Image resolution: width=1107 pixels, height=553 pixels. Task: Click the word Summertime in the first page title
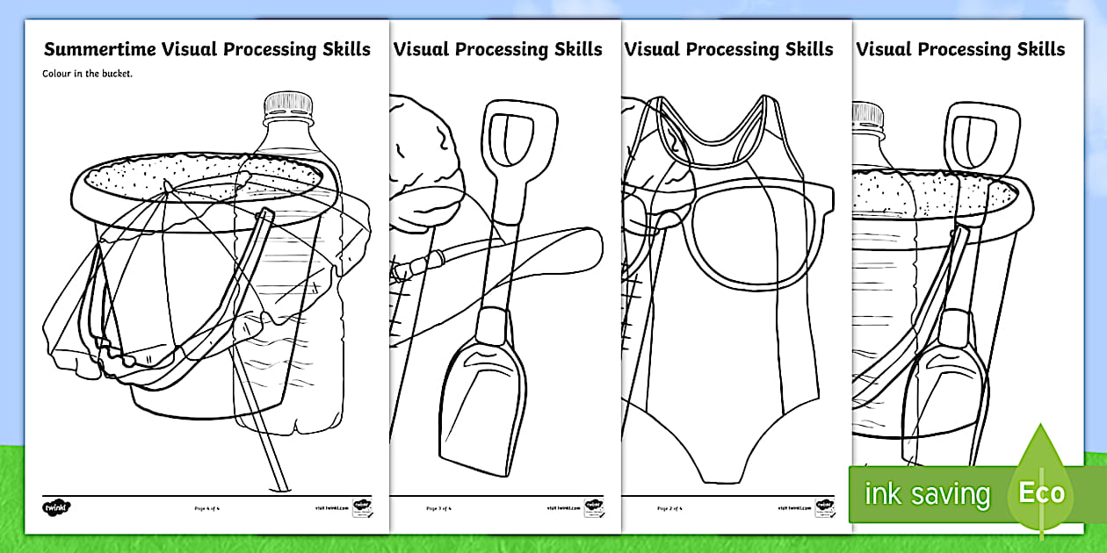click(99, 49)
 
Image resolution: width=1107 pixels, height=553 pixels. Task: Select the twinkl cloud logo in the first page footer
click(55, 507)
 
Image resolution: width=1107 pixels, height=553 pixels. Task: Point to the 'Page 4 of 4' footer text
click(207, 508)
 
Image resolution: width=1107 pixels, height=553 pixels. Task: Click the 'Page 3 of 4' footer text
click(439, 508)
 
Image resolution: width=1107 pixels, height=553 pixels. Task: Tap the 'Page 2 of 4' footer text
click(670, 508)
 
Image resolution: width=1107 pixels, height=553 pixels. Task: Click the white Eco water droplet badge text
click(1041, 492)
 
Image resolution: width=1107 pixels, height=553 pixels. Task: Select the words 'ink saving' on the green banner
click(926, 494)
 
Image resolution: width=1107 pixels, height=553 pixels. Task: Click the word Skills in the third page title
click(799, 49)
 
